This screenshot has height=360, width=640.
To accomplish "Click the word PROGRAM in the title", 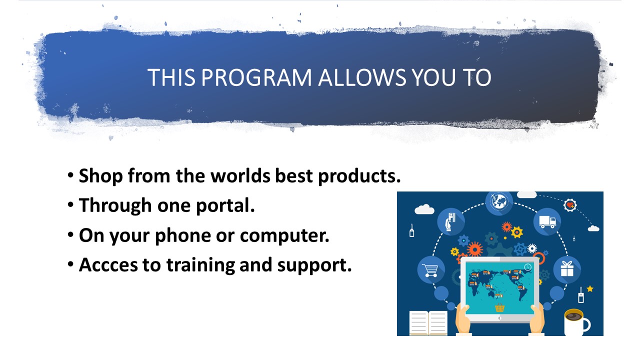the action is click(256, 77).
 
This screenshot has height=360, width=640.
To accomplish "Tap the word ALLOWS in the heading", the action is click(362, 77).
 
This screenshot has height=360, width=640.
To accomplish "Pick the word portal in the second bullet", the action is click(225, 206).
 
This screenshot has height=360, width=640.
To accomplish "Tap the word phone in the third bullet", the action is click(183, 235).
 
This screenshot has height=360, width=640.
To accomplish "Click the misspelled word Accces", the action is click(108, 265).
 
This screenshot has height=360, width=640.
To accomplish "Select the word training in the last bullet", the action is click(200, 265).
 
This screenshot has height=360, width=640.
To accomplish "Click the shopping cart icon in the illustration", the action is click(431, 270).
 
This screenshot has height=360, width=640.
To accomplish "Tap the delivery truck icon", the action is click(547, 221).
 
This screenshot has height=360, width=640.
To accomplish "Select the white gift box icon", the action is click(567, 269).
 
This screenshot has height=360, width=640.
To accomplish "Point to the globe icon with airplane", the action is click(499, 201).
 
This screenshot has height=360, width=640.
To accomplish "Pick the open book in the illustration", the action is click(428, 323).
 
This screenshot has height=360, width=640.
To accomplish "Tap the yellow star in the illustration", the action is click(590, 289).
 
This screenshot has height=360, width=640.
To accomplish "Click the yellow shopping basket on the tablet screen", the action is click(499, 307).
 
